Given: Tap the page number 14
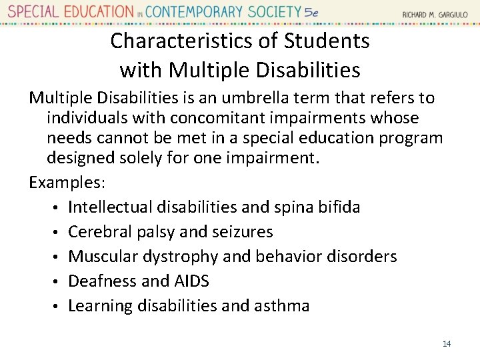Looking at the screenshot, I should point(447,343).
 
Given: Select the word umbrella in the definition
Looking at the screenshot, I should point(261,98).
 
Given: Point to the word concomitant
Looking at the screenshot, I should point(212,118).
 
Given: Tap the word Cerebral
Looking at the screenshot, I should point(99,232).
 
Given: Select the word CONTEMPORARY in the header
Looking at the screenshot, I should point(200,11).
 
